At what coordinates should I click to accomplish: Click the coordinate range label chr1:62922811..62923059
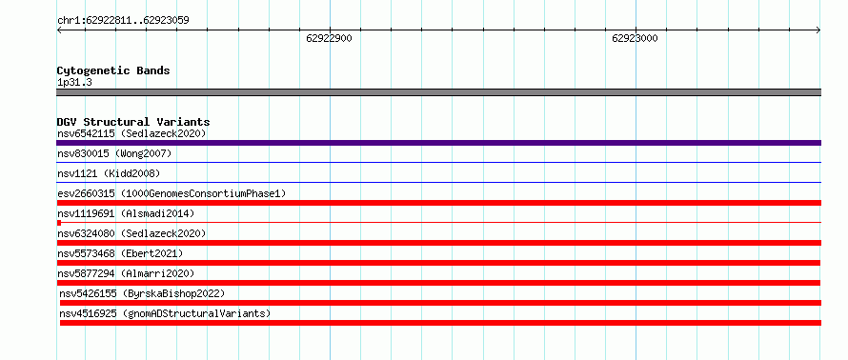click(123, 21)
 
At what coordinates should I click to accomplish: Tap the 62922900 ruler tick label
click(329, 38)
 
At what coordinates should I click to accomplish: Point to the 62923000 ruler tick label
click(635, 38)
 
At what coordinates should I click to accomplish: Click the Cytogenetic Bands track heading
click(113, 70)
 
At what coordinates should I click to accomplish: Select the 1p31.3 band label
click(74, 82)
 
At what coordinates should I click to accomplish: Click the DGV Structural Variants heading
click(133, 122)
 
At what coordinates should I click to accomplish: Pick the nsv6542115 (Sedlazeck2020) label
click(131, 133)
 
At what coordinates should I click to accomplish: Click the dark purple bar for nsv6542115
click(438, 143)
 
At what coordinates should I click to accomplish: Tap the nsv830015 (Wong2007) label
click(114, 154)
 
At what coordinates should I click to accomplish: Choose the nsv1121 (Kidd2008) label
click(109, 173)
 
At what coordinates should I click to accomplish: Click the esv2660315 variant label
click(172, 193)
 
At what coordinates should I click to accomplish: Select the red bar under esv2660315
click(438, 203)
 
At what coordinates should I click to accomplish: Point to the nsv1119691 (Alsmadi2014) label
click(126, 213)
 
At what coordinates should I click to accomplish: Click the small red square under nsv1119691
click(58, 223)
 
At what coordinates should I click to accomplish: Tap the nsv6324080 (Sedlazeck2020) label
click(131, 233)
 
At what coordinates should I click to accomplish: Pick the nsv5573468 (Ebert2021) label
click(120, 253)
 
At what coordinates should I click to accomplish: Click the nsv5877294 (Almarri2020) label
click(126, 273)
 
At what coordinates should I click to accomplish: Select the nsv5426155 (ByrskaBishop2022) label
click(142, 293)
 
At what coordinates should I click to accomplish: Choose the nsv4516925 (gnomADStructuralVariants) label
click(165, 313)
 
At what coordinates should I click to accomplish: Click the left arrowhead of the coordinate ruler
click(58, 30)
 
